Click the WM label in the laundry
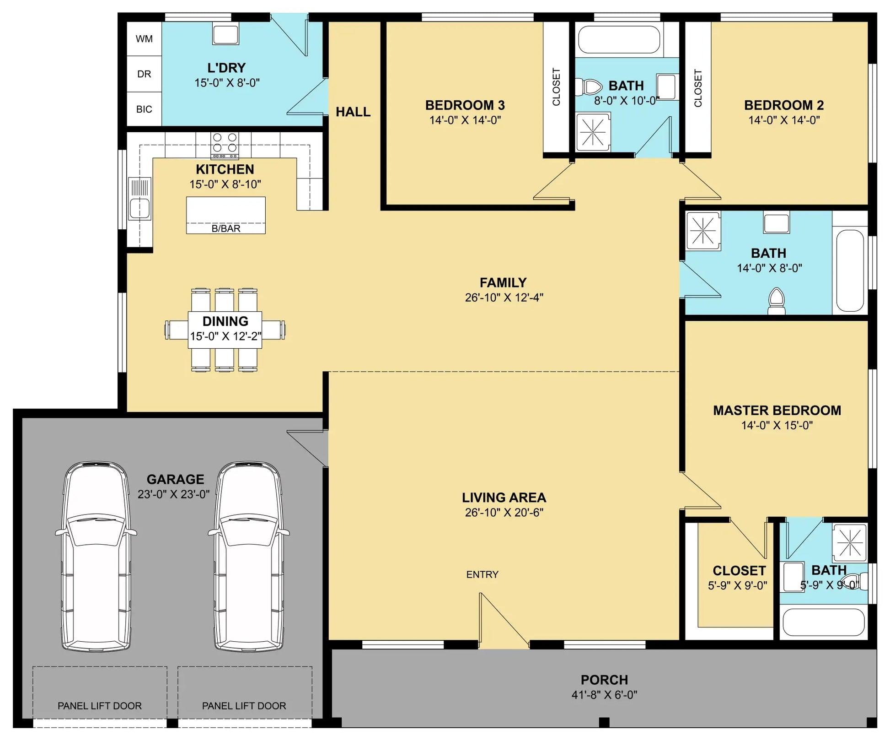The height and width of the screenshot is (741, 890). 144,39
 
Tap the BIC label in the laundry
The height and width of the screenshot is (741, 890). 144,109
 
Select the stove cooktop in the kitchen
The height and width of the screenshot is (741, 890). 225,146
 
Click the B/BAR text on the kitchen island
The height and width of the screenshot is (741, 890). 226,228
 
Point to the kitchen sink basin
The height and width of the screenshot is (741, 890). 139,209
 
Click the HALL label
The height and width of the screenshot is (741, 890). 353,112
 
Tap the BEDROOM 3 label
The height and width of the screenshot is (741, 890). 465,105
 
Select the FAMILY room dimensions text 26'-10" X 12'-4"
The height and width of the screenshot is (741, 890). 504,297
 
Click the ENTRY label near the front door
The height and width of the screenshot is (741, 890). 483,574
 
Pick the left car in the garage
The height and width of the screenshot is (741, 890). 96,557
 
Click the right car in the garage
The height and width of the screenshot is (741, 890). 249,557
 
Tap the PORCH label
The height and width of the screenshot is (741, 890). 604,680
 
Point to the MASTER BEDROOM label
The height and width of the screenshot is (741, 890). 777,411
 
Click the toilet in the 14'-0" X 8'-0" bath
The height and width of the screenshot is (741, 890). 777,301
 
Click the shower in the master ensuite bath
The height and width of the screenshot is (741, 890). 850,543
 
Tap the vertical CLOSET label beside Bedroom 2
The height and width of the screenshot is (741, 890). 698,88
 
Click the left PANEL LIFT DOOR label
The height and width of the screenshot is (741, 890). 100,706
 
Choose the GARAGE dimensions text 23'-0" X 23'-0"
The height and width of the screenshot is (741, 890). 174,494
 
